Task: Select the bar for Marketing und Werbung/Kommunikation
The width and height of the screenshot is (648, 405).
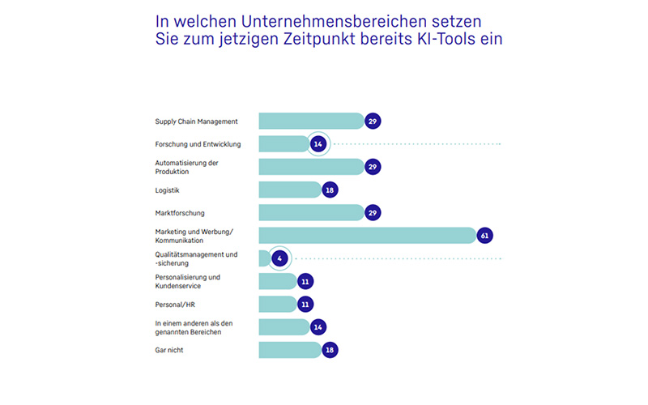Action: pos(366,235)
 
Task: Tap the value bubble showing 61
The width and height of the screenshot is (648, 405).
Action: pos(485,236)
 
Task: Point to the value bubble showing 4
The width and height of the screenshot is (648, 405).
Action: pos(279,258)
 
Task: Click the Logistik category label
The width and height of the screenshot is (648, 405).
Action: pos(167,190)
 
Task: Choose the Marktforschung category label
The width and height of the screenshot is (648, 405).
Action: pos(179,213)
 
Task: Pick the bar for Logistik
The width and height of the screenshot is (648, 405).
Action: pos(289,190)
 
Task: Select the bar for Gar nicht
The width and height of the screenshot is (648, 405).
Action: pos(289,350)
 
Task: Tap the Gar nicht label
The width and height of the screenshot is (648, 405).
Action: pos(170,350)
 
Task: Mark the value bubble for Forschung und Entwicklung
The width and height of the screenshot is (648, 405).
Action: pos(318,143)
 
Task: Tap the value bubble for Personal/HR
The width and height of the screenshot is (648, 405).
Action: pos(305,304)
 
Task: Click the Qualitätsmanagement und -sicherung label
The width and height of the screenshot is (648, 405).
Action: pos(196,258)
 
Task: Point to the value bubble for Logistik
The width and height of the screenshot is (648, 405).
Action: pos(329,190)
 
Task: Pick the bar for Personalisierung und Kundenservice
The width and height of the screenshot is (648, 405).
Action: pos(277,281)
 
